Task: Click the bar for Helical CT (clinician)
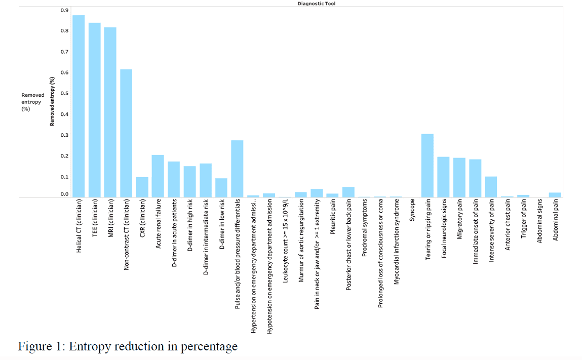point(79,106)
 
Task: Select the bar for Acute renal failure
point(158,176)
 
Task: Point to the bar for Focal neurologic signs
point(443,177)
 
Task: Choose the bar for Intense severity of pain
point(491,187)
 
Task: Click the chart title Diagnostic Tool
point(316,4)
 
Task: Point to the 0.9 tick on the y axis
point(64,10)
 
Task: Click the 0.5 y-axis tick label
point(64,94)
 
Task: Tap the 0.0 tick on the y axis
point(64,194)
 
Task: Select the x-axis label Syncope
point(412,209)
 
